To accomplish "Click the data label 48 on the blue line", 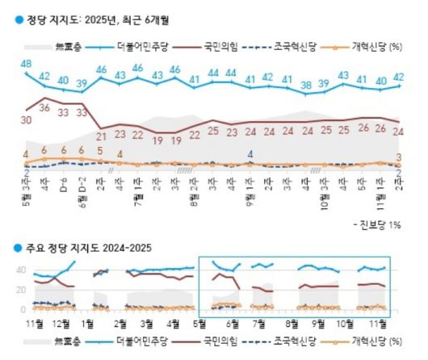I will click(26, 64).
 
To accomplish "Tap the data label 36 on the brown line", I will click(45, 107).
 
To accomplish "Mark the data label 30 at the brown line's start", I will click(26, 119).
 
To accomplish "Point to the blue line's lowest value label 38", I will click(305, 84).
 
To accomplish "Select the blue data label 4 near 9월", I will click(250, 154).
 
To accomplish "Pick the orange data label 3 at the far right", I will click(399, 157).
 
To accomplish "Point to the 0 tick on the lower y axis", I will click(22, 309).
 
